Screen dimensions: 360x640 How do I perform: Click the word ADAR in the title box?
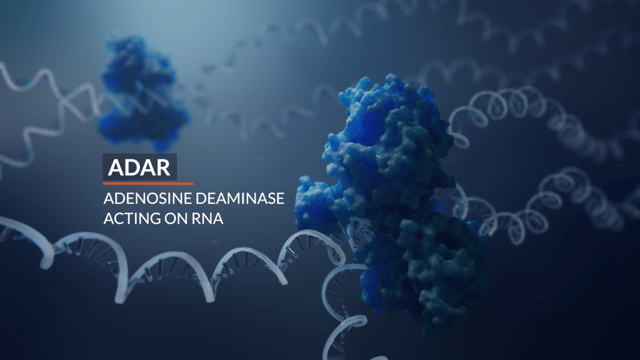(x=139, y=167)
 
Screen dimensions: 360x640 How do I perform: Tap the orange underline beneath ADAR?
(x=148, y=183)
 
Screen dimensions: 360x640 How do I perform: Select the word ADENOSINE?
(x=143, y=198)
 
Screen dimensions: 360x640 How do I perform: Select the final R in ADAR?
(x=163, y=167)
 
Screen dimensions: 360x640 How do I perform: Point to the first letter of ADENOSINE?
(x=109, y=198)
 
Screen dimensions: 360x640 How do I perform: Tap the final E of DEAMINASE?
(x=280, y=198)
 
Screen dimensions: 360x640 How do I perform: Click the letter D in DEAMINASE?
(x=192, y=198)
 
